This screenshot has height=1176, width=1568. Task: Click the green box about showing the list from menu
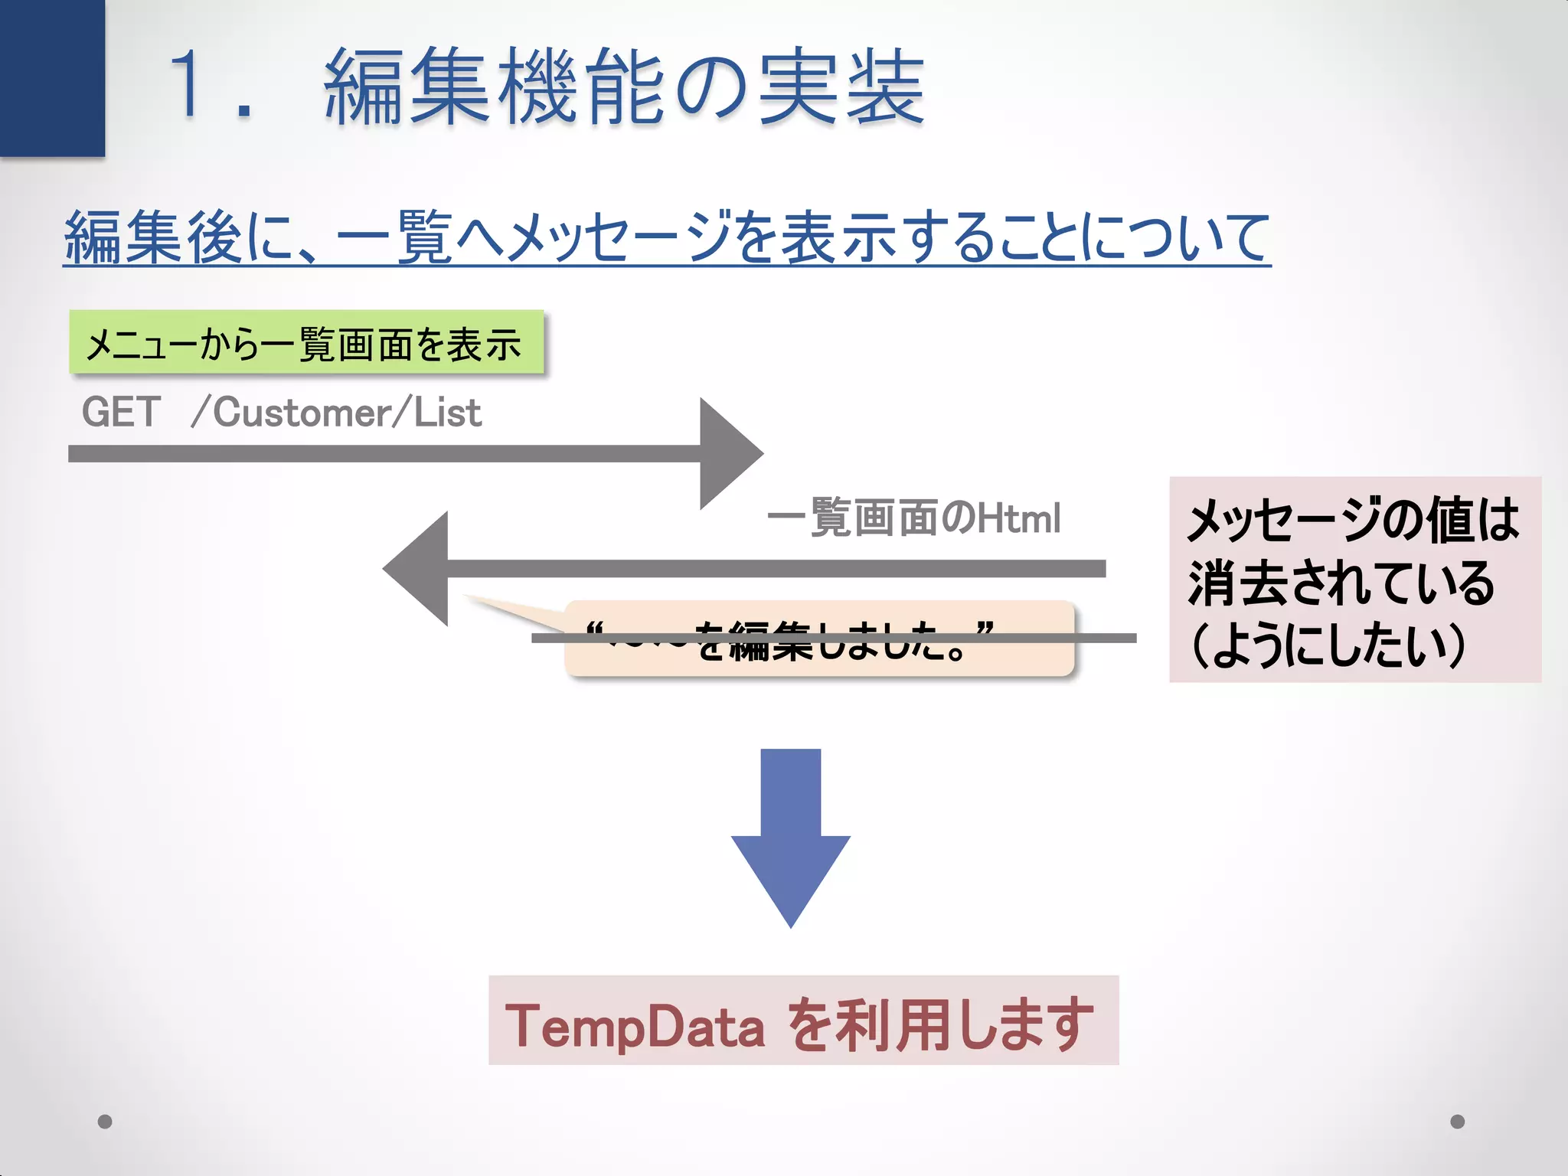coord(306,342)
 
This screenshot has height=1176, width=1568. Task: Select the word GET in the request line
coord(121,412)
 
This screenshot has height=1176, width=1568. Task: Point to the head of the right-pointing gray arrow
coord(727,453)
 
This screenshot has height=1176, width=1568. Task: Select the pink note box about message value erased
coord(1354,579)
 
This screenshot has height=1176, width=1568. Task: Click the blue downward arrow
coord(790,838)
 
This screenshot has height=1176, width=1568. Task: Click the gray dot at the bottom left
coord(106,1122)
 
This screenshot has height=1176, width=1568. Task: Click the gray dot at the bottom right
coord(1458,1122)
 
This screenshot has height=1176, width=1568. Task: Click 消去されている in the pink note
coord(1340,583)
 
